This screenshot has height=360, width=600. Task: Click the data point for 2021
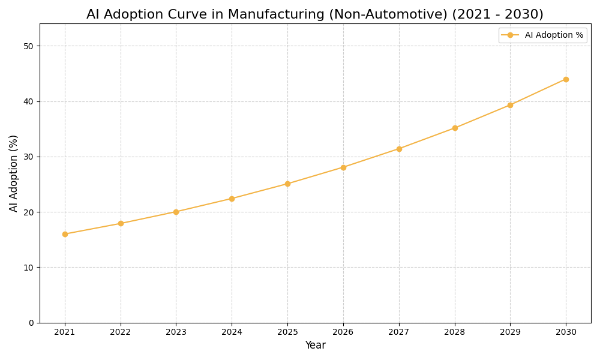pos(65,234)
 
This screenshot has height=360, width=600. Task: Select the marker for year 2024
pos(232,199)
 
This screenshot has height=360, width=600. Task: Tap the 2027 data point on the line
pos(399,149)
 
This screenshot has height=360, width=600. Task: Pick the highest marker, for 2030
pos(566,79)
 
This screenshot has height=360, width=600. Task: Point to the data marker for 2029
pos(510,105)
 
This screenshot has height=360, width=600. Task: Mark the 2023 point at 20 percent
pos(176,212)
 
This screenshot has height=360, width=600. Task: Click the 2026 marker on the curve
pos(343,167)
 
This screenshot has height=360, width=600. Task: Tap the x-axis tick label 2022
pos(121,332)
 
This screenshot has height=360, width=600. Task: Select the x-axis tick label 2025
pos(287,332)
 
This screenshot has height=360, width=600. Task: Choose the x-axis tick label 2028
pos(455,332)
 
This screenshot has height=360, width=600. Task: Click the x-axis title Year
pos(315,346)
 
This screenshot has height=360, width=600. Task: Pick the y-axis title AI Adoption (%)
pos(14,173)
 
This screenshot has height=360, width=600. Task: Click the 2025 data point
pos(287,184)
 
